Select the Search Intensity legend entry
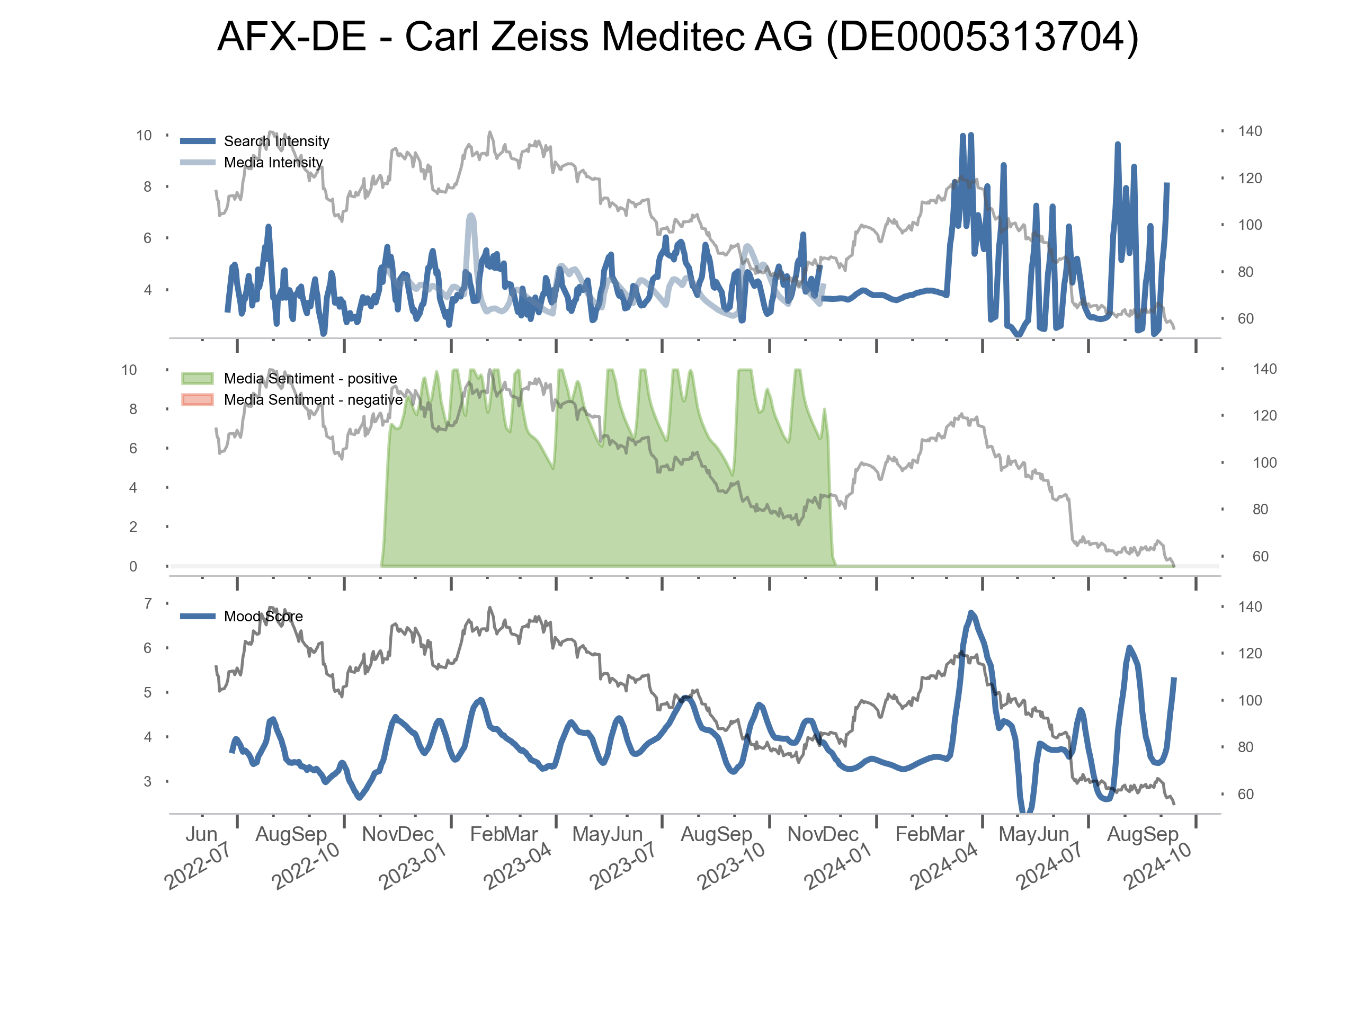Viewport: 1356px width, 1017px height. coord(276,141)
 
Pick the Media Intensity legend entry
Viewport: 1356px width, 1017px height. coord(273,163)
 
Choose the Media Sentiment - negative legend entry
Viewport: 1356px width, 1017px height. coord(313,400)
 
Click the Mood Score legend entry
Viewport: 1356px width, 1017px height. coord(263,617)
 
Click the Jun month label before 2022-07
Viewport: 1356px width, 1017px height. coord(202,834)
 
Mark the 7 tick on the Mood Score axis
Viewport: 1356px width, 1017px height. coord(148,604)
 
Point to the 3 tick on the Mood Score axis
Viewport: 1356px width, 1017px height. coord(148,782)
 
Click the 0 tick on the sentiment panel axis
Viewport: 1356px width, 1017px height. coord(133,566)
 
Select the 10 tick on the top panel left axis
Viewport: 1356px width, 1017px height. coord(144,136)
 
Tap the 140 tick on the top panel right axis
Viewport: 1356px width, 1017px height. coord(1250,131)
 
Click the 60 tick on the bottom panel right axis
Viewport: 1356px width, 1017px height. coord(1246,795)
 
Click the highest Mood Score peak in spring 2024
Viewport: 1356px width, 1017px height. coord(971,613)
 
